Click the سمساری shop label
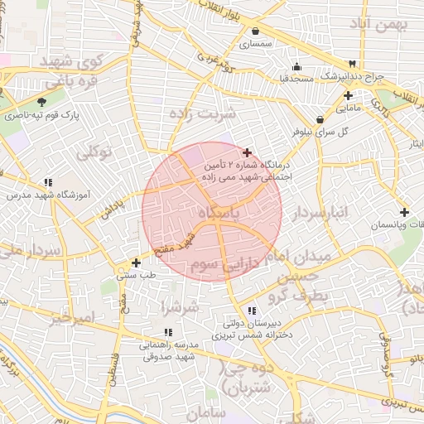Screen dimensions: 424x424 tap(255, 45)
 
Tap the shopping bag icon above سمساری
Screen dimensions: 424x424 tap(255, 31)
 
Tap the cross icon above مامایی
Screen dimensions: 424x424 tap(348, 95)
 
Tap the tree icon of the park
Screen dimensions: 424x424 tap(31, 101)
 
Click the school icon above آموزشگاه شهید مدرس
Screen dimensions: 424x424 tap(48, 182)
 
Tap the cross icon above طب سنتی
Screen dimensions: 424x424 tap(136, 263)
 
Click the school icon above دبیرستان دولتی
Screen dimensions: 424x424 tap(252, 311)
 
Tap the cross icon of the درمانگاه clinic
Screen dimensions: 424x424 tap(247, 152)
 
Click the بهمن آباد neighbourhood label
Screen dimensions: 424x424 tap(380, 24)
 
